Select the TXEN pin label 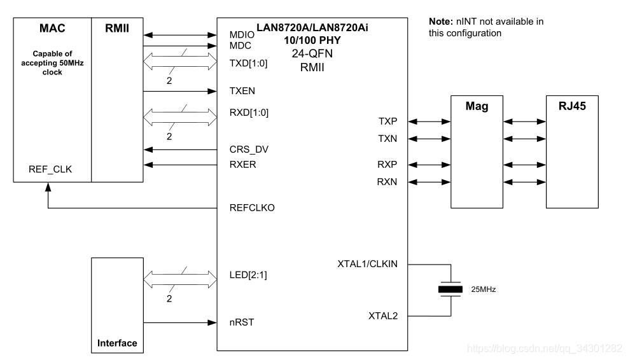(x=242, y=91)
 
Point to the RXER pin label (x=242, y=165)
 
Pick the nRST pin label (x=241, y=322)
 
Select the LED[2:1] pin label (x=247, y=277)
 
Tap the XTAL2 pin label (x=383, y=315)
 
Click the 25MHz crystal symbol (x=450, y=289)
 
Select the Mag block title (x=477, y=106)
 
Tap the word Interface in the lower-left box (x=117, y=343)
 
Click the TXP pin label (x=389, y=121)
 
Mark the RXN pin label (x=388, y=183)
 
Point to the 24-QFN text (x=312, y=53)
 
